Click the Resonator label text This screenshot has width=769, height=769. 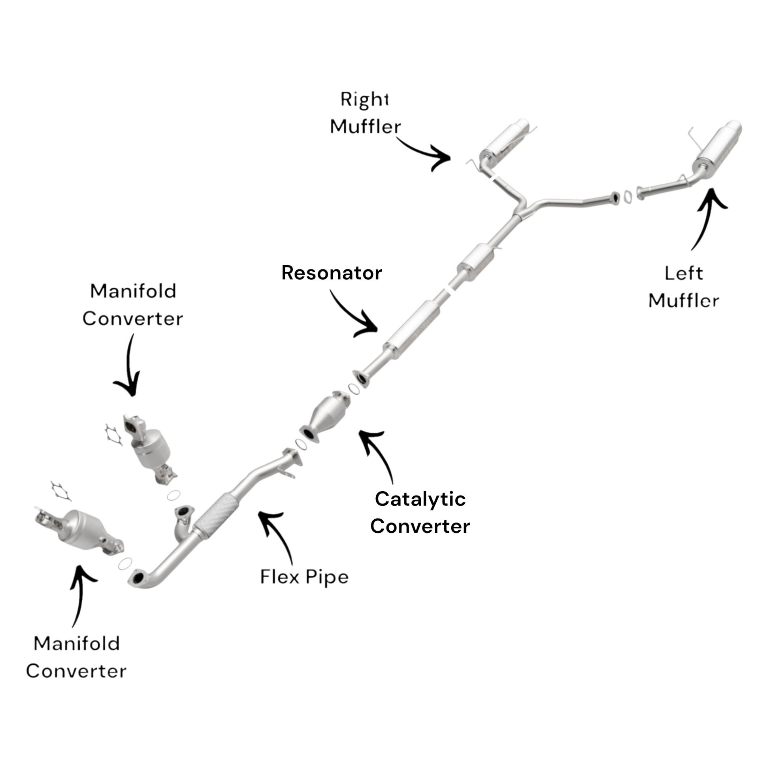(x=332, y=273)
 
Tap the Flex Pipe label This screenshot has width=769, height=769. (x=304, y=577)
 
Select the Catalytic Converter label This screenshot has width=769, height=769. (x=420, y=513)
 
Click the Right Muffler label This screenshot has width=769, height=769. (x=365, y=113)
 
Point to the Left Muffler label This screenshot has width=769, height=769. (x=683, y=287)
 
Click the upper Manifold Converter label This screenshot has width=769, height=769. (x=132, y=305)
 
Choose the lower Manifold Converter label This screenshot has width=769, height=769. (x=76, y=657)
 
